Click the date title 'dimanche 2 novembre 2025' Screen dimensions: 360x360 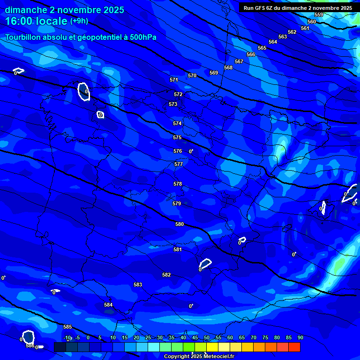[x=64, y=10]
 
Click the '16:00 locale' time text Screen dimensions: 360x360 [x=36, y=21]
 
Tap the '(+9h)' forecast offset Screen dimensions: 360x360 [x=79, y=21]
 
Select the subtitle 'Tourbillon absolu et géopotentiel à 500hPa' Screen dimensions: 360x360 [x=81, y=37]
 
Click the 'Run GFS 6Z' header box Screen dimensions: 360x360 [x=298, y=8]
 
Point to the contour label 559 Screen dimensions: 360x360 [x=319, y=15]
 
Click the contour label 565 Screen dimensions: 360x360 [x=262, y=48]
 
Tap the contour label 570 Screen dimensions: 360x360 [x=192, y=75]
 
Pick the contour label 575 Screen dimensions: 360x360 [x=177, y=138]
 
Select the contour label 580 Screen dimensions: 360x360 [x=180, y=225]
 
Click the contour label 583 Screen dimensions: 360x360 [x=138, y=285]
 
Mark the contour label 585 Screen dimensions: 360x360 [x=67, y=327]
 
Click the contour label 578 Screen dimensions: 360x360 [x=178, y=184]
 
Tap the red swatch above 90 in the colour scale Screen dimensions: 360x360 [x=294, y=347]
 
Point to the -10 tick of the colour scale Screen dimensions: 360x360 [x=67, y=338]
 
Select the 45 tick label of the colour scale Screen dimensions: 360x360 [x=195, y=338]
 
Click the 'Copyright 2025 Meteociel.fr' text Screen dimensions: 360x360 [x=199, y=357]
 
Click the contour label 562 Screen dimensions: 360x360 [x=292, y=32]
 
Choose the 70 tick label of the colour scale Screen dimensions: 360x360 [x=254, y=338]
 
